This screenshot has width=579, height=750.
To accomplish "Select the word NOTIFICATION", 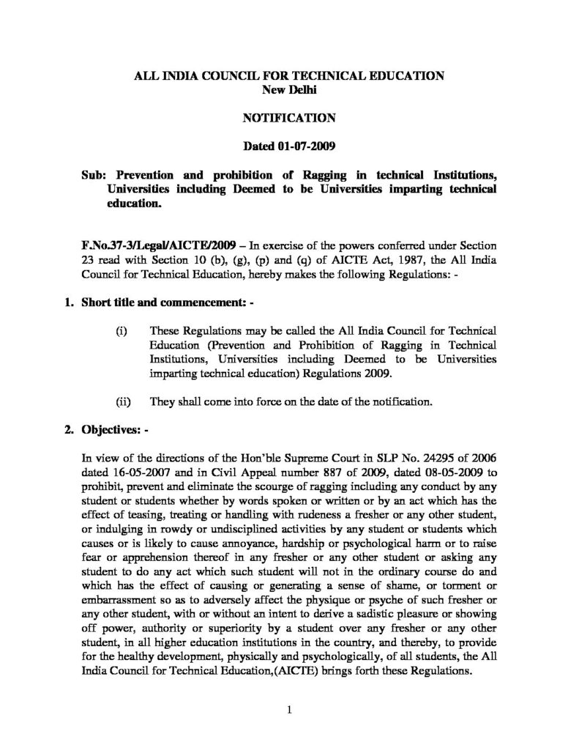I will pyautogui.click(x=288, y=116).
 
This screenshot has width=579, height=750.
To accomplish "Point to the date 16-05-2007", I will pyautogui.click(x=137, y=471).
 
